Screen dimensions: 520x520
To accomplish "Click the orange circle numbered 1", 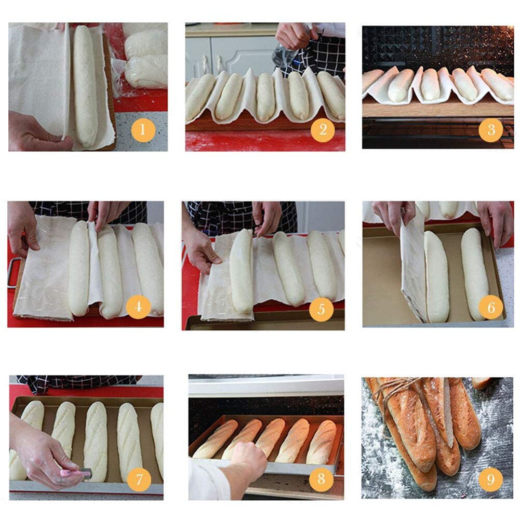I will tap(143, 130).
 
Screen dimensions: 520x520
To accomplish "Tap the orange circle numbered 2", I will tap(323, 130).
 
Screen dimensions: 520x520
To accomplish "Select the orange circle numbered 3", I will tap(490, 130).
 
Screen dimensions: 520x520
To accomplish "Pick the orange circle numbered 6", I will tap(491, 308).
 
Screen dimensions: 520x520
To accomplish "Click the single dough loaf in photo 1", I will tap(85, 86).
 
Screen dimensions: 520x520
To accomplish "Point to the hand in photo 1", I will tap(36, 133).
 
